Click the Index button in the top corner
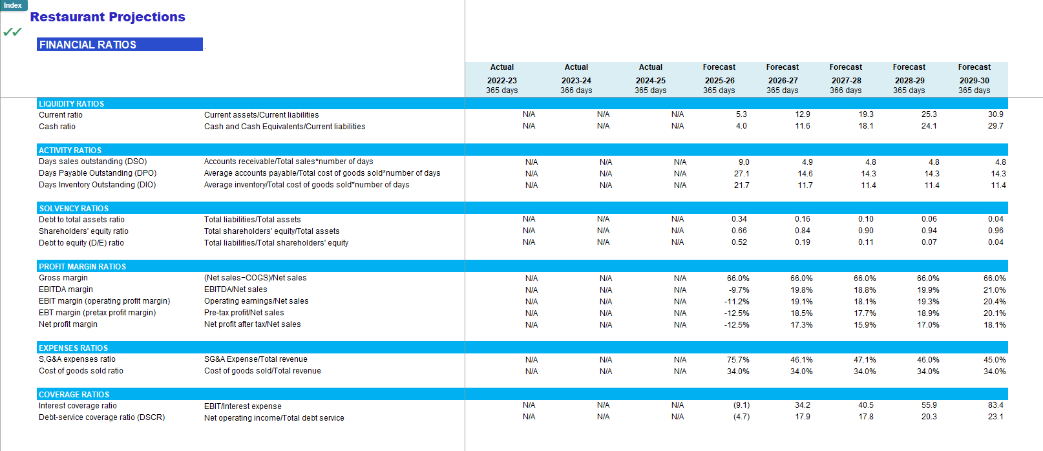(x=14, y=5)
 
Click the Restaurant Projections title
(x=107, y=17)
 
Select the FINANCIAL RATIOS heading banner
(x=120, y=44)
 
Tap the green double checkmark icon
(x=12, y=32)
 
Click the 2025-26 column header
(x=719, y=81)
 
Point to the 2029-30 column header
(x=974, y=81)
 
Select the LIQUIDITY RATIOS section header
(x=71, y=103)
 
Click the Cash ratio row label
(x=57, y=127)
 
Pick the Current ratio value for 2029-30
(x=996, y=114)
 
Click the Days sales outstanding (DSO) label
(x=92, y=162)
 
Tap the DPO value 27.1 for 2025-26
(x=741, y=174)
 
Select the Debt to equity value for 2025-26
(x=739, y=242)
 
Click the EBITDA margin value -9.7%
(x=739, y=290)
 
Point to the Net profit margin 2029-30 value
(x=994, y=325)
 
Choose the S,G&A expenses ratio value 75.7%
(x=738, y=360)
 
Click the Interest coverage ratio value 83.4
(x=996, y=405)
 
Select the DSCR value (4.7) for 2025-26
(x=741, y=417)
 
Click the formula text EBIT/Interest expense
(x=242, y=406)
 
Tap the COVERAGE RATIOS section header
(x=74, y=394)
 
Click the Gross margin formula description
(x=255, y=278)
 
